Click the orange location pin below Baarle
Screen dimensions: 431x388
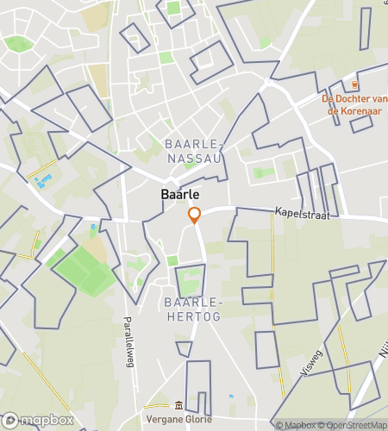click(195, 215)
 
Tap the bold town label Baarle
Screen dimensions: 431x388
click(180, 195)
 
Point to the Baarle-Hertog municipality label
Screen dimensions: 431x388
click(192, 309)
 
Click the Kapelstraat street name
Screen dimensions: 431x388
click(303, 212)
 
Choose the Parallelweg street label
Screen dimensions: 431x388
click(128, 340)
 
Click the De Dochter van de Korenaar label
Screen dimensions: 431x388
click(354, 103)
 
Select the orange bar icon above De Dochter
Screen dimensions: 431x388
click(355, 84)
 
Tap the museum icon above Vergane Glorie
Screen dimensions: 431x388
click(178, 405)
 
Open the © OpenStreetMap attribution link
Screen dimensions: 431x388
click(353, 425)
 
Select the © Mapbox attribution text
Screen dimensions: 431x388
click(296, 425)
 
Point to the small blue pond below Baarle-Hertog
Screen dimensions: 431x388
click(231, 397)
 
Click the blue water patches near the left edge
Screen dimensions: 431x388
click(41, 181)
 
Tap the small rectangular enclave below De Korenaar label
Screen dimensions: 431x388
click(361, 122)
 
